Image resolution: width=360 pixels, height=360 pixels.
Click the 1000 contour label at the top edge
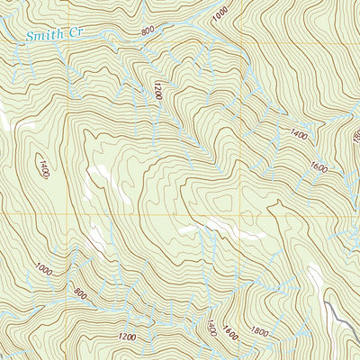coord(220,14)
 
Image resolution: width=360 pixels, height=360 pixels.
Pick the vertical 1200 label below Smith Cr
coord(157,90)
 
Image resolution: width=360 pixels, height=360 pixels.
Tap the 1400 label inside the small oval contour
coord(42,167)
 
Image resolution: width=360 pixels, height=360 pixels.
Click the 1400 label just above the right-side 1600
coord(299,136)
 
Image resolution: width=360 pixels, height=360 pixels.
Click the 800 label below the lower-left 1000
coord(80,293)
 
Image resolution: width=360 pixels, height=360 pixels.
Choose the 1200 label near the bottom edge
coord(127,337)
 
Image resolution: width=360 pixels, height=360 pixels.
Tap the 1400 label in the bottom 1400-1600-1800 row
coord(211,330)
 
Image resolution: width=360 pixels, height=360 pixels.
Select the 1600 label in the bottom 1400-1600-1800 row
coord(231,334)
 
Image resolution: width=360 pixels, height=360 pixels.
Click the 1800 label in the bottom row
coord(260,332)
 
